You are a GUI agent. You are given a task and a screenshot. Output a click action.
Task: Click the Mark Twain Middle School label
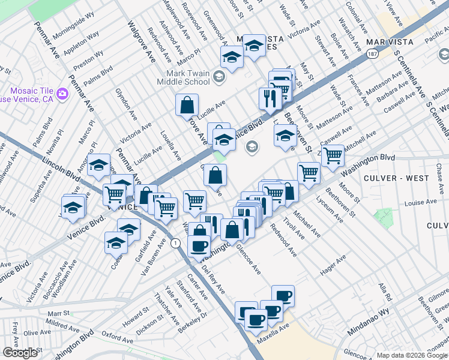tap(184, 77)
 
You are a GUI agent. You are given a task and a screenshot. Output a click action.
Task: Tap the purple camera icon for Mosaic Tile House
tap(62, 93)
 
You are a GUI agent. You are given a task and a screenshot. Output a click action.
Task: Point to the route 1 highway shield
tap(175, 243)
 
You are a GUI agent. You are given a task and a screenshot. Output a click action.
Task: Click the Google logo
tap(20, 353)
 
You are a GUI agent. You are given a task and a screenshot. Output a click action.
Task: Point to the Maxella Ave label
tap(274, 332)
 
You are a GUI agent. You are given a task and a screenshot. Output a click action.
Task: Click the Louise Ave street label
tap(421, 203)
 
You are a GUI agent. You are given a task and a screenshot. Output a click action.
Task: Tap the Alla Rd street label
tap(385, 293)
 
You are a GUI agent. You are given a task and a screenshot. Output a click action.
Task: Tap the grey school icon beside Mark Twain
tap(218, 76)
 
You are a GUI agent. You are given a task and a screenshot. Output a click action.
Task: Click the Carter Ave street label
tap(197, 287)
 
